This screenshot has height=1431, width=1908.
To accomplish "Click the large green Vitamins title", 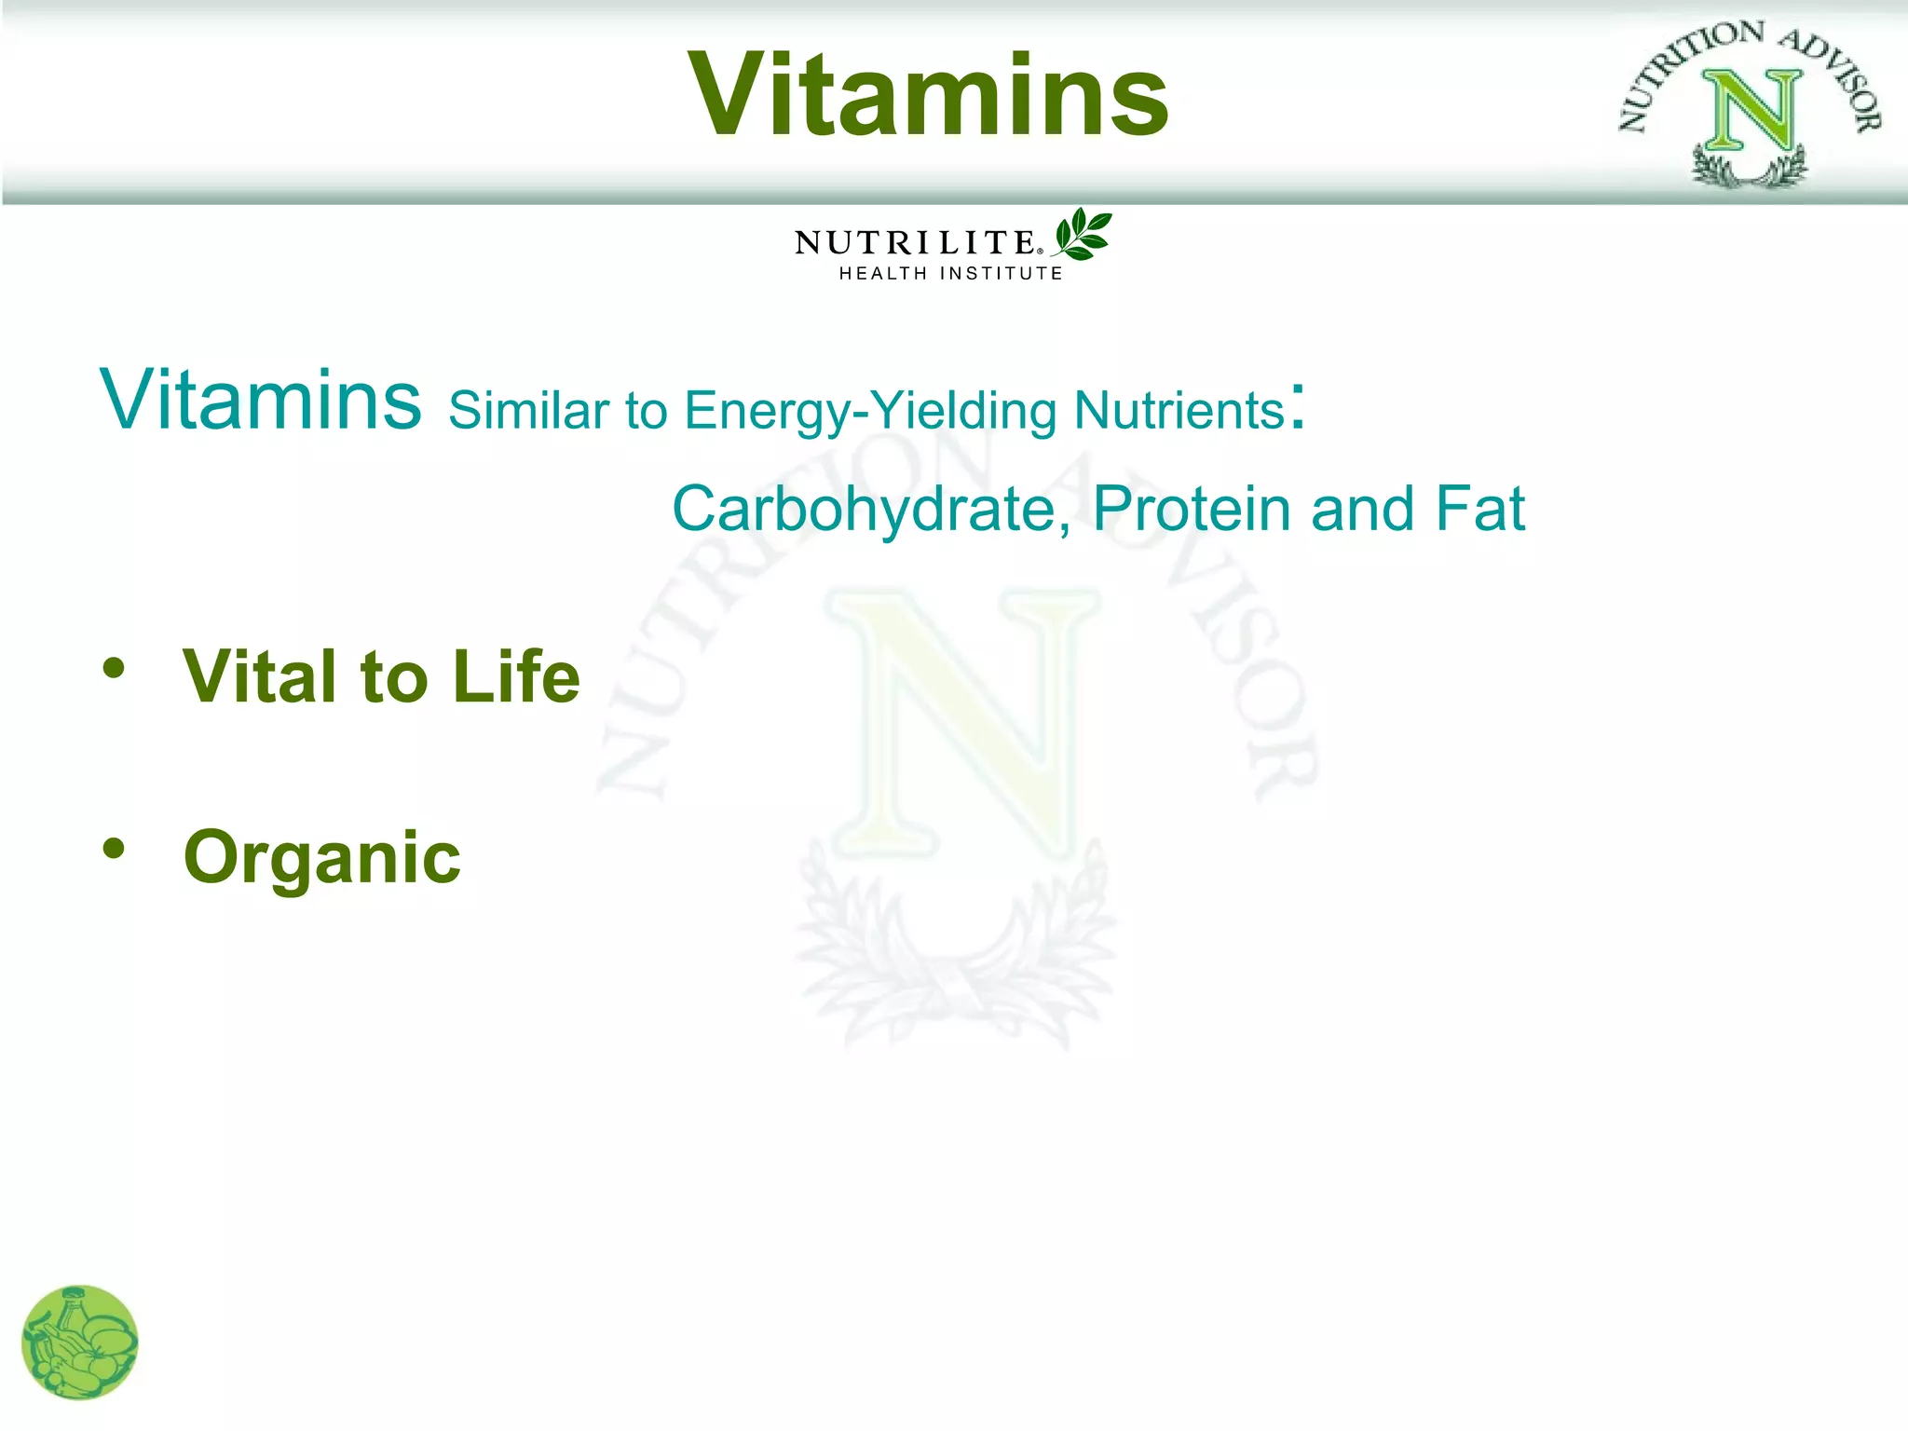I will coord(929,95).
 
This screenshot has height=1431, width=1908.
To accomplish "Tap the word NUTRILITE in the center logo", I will coord(914,242).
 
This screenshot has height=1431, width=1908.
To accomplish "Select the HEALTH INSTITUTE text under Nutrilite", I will coord(950,273).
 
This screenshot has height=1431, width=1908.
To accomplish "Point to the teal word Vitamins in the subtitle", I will coord(261,401).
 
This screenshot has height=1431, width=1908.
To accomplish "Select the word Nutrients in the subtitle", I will coord(1179,410).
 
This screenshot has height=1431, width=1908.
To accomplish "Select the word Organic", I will coord(322,857).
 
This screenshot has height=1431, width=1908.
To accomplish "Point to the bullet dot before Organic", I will coord(114,848).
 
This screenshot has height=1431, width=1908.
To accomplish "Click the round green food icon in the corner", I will coord(80,1342).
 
